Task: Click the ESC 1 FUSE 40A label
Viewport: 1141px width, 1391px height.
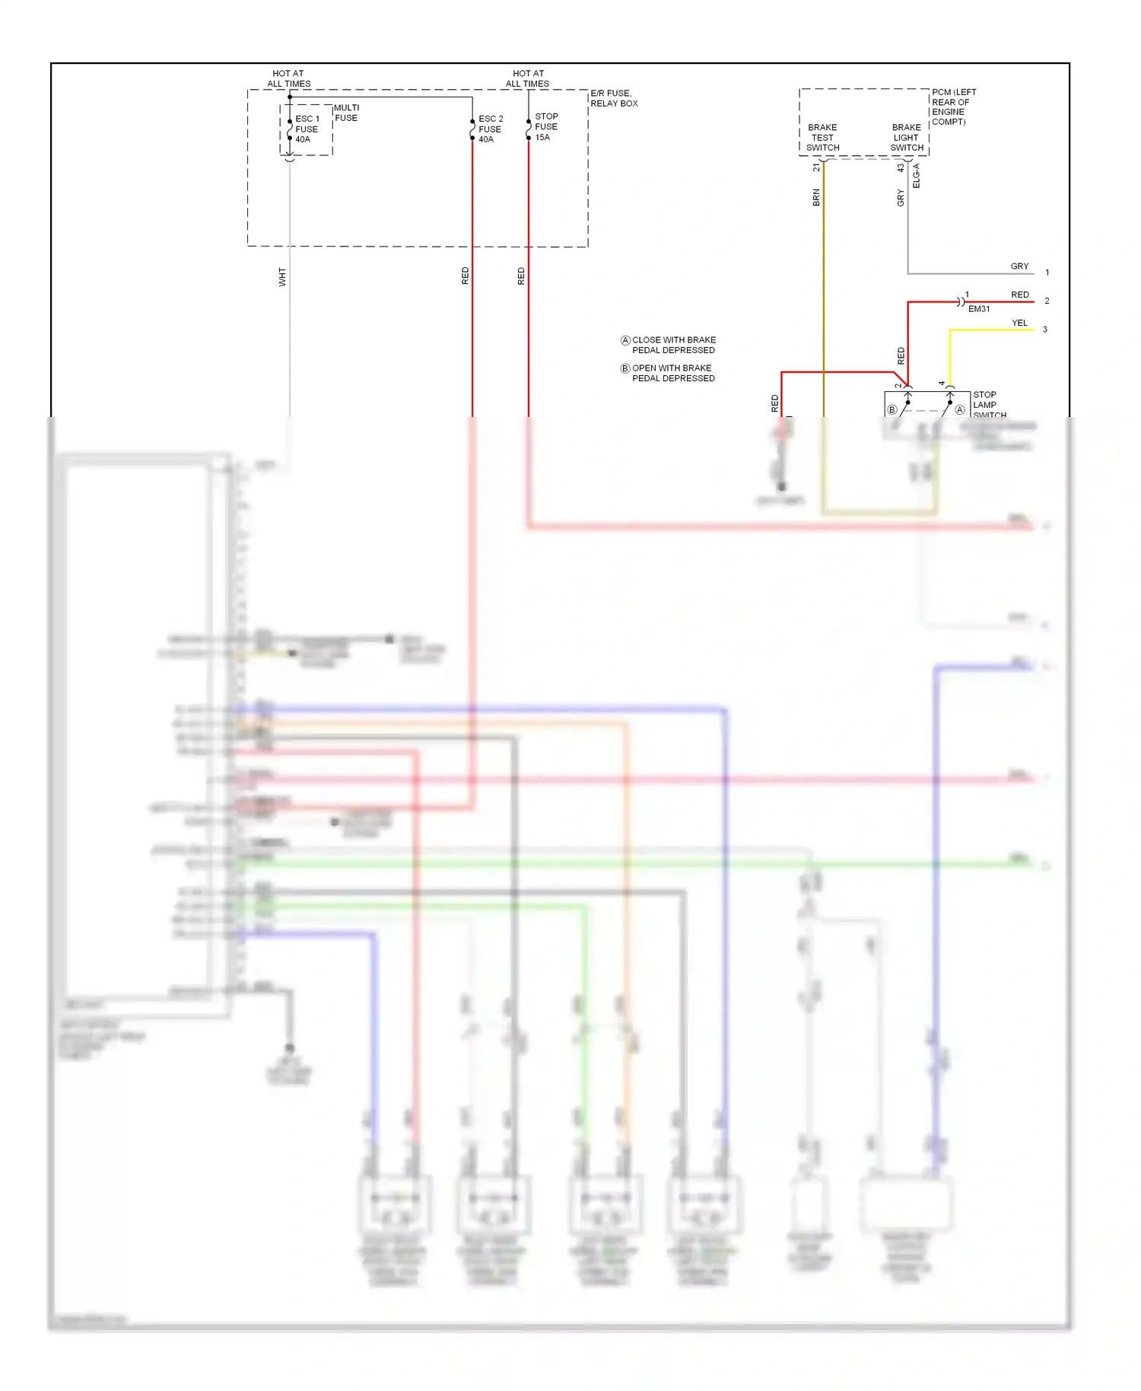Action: (307, 129)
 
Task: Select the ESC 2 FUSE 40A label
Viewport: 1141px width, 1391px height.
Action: (490, 129)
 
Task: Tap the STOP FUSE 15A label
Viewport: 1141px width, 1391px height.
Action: (546, 127)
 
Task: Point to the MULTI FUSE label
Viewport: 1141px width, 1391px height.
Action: (346, 113)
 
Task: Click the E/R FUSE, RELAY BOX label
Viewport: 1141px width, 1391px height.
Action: (614, 98)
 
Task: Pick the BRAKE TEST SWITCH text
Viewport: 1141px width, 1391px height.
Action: (823, 138)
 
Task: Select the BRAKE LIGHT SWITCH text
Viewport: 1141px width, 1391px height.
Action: (907, 138)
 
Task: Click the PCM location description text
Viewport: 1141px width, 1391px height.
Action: (954, 107)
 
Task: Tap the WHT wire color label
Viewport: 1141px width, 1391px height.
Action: (282, 276)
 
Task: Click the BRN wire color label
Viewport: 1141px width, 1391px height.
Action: (816, 198)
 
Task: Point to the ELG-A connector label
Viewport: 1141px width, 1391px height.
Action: (916, 176)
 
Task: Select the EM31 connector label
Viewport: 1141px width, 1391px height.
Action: (979, 309)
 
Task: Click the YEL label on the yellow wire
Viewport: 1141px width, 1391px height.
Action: (1019, 323)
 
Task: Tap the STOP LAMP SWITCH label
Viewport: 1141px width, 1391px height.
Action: (987, 405)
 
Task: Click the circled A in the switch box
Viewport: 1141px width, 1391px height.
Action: (960, 410)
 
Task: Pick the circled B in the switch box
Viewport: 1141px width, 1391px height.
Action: (892, 410)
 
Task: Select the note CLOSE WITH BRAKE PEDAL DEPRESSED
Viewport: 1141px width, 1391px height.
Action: (669, 345)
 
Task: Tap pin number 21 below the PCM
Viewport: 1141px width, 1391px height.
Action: (816, 167)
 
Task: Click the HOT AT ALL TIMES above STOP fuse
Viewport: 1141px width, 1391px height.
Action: (528, 78)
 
